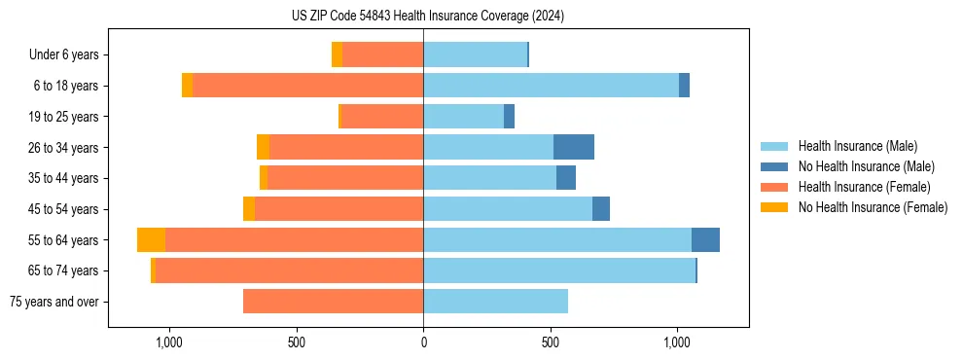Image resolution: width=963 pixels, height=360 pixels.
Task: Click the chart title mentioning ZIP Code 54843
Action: (x=428, y=17)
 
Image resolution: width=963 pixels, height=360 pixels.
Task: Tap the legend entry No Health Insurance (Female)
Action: (x=873, y=207)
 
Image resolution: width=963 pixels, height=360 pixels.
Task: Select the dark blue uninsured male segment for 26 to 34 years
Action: (x=574, y=147)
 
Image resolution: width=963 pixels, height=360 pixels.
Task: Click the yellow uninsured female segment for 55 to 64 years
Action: (x=151, y=240)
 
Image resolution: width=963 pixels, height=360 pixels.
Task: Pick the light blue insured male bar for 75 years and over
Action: (x=495, y=302)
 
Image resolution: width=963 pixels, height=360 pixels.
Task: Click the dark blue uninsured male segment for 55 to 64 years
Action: (x=705, y=240)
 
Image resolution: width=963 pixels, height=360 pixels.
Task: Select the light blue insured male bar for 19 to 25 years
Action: (x=463, y=117)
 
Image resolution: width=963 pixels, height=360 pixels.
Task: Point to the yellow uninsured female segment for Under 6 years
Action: (x=337, y=55)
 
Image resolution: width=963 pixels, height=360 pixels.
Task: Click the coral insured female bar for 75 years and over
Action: (x=333, y=302)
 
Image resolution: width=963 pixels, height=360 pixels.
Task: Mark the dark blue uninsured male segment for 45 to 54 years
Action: (x=601, y=209)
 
